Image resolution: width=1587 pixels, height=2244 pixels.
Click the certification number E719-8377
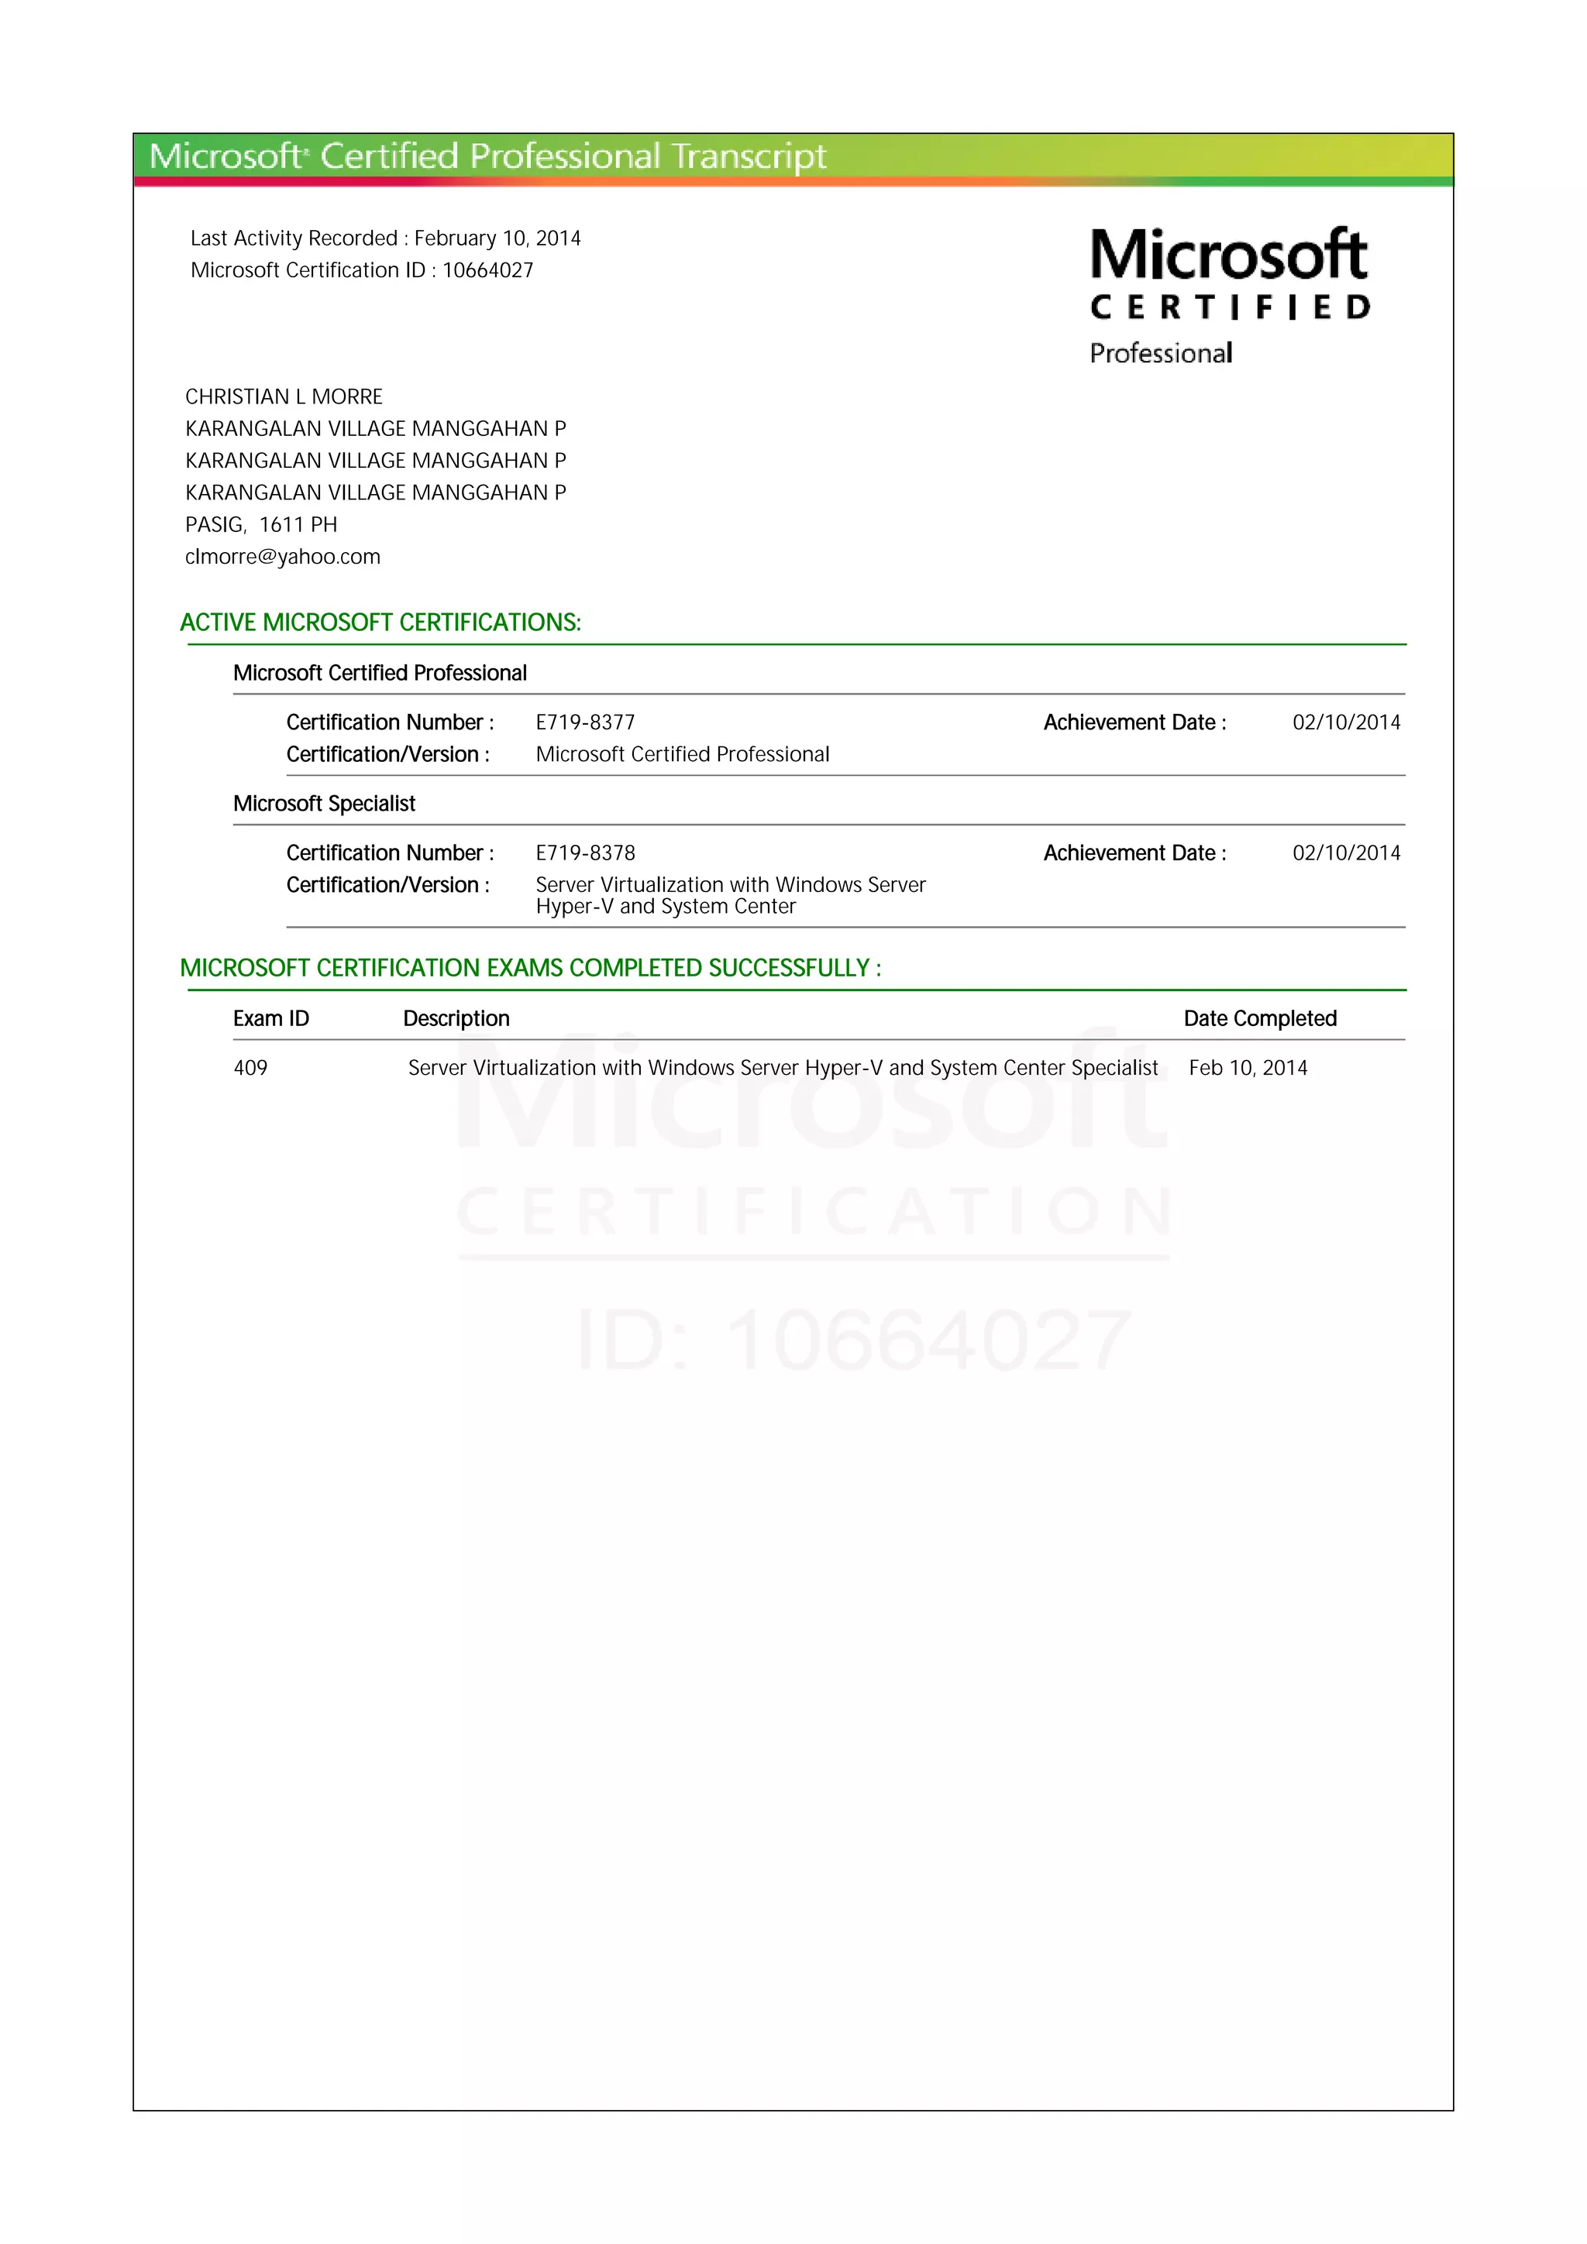click(x=585, y=722)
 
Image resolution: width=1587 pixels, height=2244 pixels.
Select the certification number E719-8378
click(x=585, y=853)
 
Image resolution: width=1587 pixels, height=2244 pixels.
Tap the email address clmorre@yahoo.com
click(x=283, y=557)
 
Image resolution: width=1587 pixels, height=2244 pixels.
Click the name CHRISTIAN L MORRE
click(x=284, y=396)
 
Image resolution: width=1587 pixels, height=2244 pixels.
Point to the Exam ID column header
click(x=271, y=1018)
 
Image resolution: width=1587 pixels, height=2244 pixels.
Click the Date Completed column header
click(x=1259, y=1018)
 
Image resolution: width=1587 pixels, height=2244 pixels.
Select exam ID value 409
click(x=250, y=1069)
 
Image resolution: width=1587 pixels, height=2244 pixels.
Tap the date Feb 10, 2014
click(x=1248, y=1069)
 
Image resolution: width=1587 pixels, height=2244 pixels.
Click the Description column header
click(x=456, y=1018)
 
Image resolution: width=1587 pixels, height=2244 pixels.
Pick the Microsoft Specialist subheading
click(x=324, y=804)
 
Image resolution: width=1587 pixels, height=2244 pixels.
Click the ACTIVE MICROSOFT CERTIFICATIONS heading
click(x=380, y=623)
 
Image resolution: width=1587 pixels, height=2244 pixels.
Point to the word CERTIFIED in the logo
click(x=1230, y=308)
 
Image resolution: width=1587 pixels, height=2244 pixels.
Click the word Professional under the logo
click(x=1161, y=354)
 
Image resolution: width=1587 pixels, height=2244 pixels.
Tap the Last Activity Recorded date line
click(x=385, y=238)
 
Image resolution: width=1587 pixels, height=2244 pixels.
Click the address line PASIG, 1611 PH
click(x=261, y=525)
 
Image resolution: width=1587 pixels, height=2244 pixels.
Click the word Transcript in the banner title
click(x=749, y=156)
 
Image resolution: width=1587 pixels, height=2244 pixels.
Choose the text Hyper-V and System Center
click(x=665, y=907)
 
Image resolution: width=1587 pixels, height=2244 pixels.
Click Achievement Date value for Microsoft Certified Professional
click(x=1345, y=722)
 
